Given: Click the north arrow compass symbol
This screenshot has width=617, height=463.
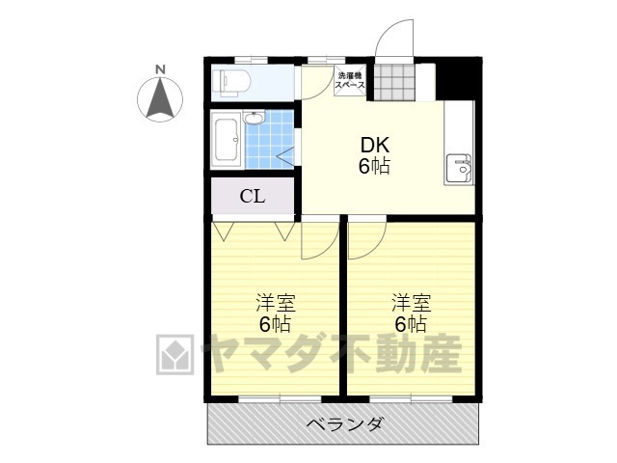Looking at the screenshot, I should coord(160,99).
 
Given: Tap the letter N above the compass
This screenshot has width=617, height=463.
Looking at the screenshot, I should coord(160,69).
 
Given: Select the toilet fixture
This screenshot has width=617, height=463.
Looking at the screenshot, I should coord(232,83).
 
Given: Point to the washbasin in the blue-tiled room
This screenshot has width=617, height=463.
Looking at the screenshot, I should coord(255,120).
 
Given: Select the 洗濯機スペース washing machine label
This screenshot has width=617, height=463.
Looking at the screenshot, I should coord(349,81).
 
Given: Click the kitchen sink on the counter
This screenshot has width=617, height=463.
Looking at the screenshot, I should coord(459,170).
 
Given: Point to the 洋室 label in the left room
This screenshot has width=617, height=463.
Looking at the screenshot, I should coord(275,299).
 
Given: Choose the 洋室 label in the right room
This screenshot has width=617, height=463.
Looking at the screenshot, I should coord(411,299).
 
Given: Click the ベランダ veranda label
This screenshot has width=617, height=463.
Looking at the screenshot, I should coord(344,423).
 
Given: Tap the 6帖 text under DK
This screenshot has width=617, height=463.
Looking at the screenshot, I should coord(374,167).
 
